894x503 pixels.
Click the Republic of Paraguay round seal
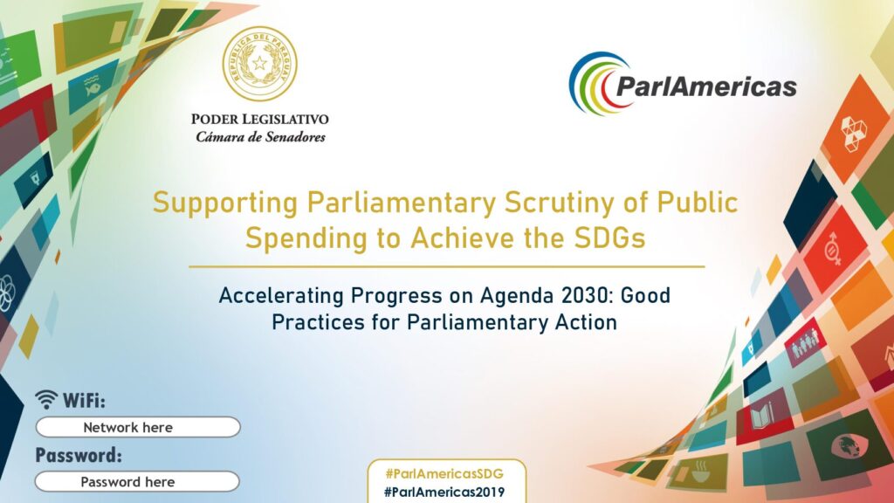tap(260, 64)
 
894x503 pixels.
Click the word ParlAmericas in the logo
tap(706, 86)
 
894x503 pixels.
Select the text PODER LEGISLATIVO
tap(260, 119)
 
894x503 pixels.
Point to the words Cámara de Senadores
tap(260, 137)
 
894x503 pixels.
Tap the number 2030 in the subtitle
tap(586, 295)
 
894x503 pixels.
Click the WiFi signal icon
tap(46, 399)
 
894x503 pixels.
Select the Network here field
tap(138, 427)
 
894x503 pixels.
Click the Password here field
tap(137, 482)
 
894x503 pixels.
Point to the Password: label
tap(79, 455)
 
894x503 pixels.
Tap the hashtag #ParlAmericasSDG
tap(444, 473)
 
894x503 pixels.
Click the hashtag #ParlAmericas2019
tap(444, 492)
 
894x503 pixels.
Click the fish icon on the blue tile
tap(91, 86)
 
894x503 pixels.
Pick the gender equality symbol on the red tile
tap(833, 249)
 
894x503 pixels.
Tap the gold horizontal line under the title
tap(447, 266)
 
